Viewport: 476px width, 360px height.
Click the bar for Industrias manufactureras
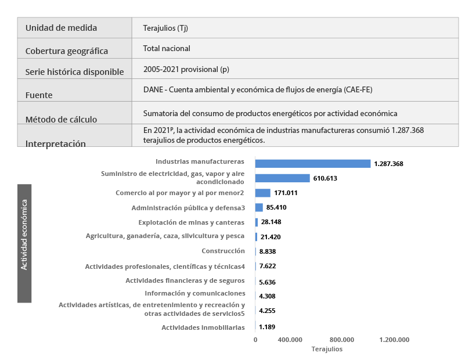(313, 164)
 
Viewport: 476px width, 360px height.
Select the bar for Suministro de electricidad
(283, 178)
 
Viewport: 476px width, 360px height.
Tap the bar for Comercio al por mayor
(263, 193)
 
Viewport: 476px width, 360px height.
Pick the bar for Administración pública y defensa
(259, 207)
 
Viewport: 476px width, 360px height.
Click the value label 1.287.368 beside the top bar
(389, 164)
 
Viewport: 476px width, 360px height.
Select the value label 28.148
(271, 222)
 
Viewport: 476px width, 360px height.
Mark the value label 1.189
(267, 327)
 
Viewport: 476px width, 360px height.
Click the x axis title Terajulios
(327, 349)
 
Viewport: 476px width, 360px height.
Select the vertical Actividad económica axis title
(24, 243)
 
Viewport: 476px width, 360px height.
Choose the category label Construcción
(223, 251)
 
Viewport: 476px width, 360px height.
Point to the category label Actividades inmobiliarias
(203, 327)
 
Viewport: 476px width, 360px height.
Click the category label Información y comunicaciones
(195, 293)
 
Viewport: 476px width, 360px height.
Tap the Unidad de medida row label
(61, 28)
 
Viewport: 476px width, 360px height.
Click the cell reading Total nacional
(167, 49)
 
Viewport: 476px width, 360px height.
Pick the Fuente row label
(39, 95)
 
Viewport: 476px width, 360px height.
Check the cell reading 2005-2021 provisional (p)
(186, 70)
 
